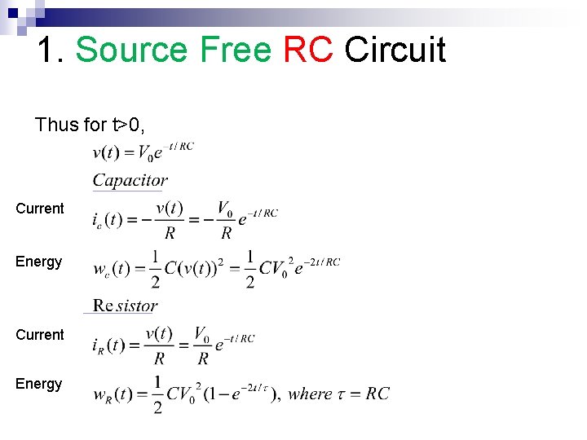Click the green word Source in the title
pos(130,51)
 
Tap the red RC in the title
pos(308,51)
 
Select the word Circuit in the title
pos(395,51)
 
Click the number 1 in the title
pos(49,51)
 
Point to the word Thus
pos(56,125)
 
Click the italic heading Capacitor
pos(130,181)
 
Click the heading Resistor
pos(125,306)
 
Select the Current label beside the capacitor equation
pos(39,209)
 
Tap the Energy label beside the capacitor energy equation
pos(38,262)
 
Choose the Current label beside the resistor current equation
pos(39,335)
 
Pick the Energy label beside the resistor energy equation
pos(38,384)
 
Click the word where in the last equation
pos(310,394)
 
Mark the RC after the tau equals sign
pos(378,394)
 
